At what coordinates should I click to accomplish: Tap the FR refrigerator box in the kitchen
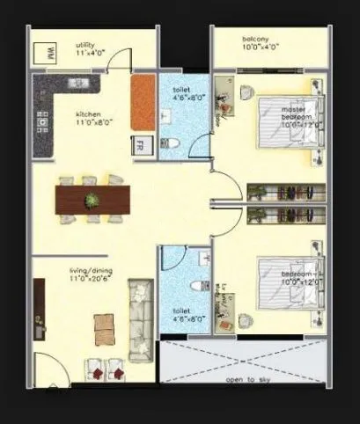(x=140, y=145)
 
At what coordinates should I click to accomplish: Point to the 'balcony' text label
(x=256, y=39)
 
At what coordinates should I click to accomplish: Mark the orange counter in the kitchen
(x=143, y=101)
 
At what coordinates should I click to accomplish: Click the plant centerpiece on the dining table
(x=92, y=201)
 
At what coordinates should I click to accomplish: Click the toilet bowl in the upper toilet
(x=173, y=143)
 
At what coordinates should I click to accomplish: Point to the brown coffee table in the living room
(x=104, y=327)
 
